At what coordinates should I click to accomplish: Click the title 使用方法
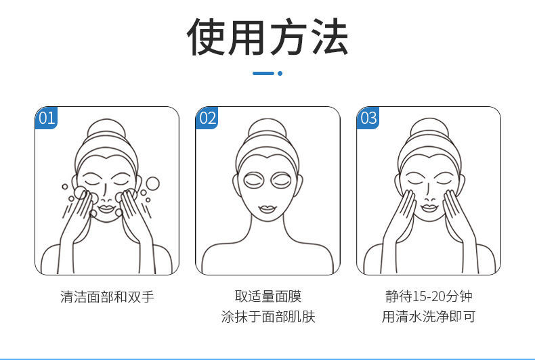[267, 37]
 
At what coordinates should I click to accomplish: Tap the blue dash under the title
[263, 73]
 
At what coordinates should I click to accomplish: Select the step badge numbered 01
[46, 118]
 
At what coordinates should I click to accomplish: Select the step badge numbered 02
[207, 118]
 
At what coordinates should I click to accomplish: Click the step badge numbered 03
[368, 118]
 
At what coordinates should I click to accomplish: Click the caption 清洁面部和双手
[107, 296]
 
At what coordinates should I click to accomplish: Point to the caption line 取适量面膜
[267, 296]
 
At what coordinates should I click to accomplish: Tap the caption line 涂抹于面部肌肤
[267, 317]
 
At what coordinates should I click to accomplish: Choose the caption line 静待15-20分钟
[428, 296]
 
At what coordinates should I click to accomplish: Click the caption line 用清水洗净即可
[428, 317]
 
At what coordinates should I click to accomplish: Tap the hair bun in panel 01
[106, 129]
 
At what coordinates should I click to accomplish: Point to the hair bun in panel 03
[428, 129]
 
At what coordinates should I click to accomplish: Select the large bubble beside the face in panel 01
[153, 183]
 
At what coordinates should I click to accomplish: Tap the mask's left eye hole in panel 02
[254, 181]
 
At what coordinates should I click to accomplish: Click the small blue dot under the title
[280, 73]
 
